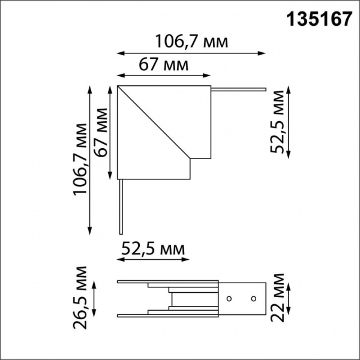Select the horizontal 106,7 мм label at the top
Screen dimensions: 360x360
[x=191, y=42]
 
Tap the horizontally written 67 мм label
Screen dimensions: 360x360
[x=163, y=64]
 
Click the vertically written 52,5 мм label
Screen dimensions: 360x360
[x=277, y=122]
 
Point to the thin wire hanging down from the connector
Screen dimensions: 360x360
[x=121, y=207]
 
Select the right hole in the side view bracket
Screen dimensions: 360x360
[x=253, y=298]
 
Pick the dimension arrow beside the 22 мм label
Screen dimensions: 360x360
[x=290, y=298]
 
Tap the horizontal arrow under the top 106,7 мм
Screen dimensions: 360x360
[x=191, y=53]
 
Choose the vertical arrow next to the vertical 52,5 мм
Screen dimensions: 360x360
[x=290, y=122]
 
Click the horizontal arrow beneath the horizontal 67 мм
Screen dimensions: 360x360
[x=164, y=76]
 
